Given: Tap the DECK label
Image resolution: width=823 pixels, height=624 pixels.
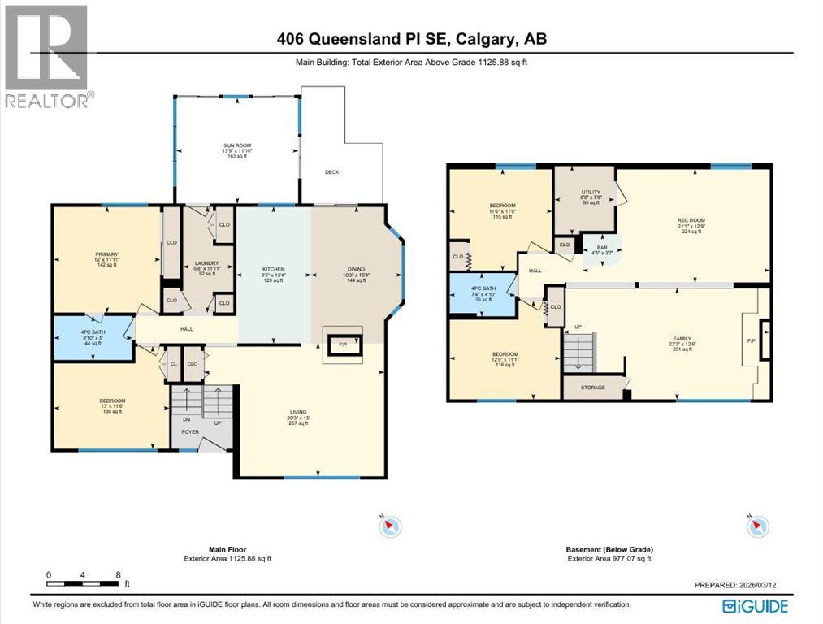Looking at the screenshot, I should (331, 172).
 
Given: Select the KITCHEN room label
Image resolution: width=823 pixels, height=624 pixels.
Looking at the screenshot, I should (272, 269).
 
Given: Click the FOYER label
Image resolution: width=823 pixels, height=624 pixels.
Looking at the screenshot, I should (190, 432).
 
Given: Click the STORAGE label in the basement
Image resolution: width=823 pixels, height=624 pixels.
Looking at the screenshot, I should (592, 388).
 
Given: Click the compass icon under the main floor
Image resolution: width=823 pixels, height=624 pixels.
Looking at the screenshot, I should (390, 526).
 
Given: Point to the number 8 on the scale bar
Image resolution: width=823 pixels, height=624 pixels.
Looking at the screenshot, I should (119, 574).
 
